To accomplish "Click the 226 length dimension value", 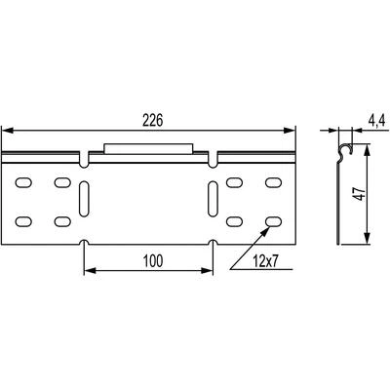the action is click(152, 121).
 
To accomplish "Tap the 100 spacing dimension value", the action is click(153, 261).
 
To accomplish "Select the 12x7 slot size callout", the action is click(266, 261).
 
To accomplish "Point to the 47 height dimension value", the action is click(359, 194).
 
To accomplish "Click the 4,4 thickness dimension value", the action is click(376, 121).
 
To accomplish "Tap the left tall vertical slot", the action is click(84, 199).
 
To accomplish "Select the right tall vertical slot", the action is click(213, 199).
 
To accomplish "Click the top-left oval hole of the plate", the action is click(23, 182).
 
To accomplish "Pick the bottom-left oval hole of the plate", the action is click(23, 221).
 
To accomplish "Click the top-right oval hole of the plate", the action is click(273, 182).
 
